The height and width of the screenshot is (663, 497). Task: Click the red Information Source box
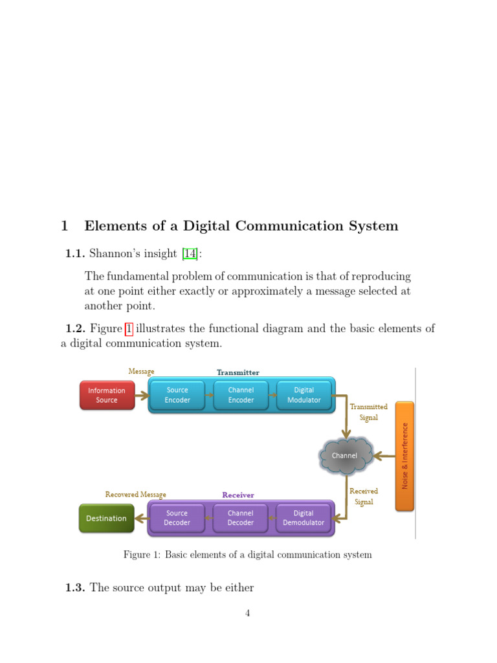(x=107, y=395)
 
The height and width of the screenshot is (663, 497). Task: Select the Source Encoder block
(x=177, y=395)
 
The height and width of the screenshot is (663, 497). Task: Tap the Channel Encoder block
(x=240, y=395)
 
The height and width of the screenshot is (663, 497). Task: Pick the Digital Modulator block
(x=304, y=395)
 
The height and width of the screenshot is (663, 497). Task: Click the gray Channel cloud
(x=345, y=456)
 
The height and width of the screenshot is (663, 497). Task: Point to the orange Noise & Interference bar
(x=404, y=456)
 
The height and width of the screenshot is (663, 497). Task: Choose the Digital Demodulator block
(x=304, y=518)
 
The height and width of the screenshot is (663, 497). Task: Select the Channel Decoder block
(x=240, y=518)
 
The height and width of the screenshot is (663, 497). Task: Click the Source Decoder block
(x=177, y=518)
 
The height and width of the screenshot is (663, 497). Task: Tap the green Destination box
(x=106, y=518)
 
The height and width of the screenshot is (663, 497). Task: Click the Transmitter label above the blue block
(x=237, y=372)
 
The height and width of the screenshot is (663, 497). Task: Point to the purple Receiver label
(x=237, y=495)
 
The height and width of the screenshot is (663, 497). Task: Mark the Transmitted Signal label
(x=368, y=412)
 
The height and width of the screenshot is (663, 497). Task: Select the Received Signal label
(x=364, y=497)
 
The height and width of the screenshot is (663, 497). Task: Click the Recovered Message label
(x=135, y=495)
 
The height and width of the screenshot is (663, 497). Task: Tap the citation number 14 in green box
(x=190, y=253)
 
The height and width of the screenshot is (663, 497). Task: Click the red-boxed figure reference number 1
(x=129, y=329)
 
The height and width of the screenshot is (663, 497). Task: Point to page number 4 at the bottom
(x=247, y=614)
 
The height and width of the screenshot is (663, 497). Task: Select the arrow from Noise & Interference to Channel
(x=385, y=456)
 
